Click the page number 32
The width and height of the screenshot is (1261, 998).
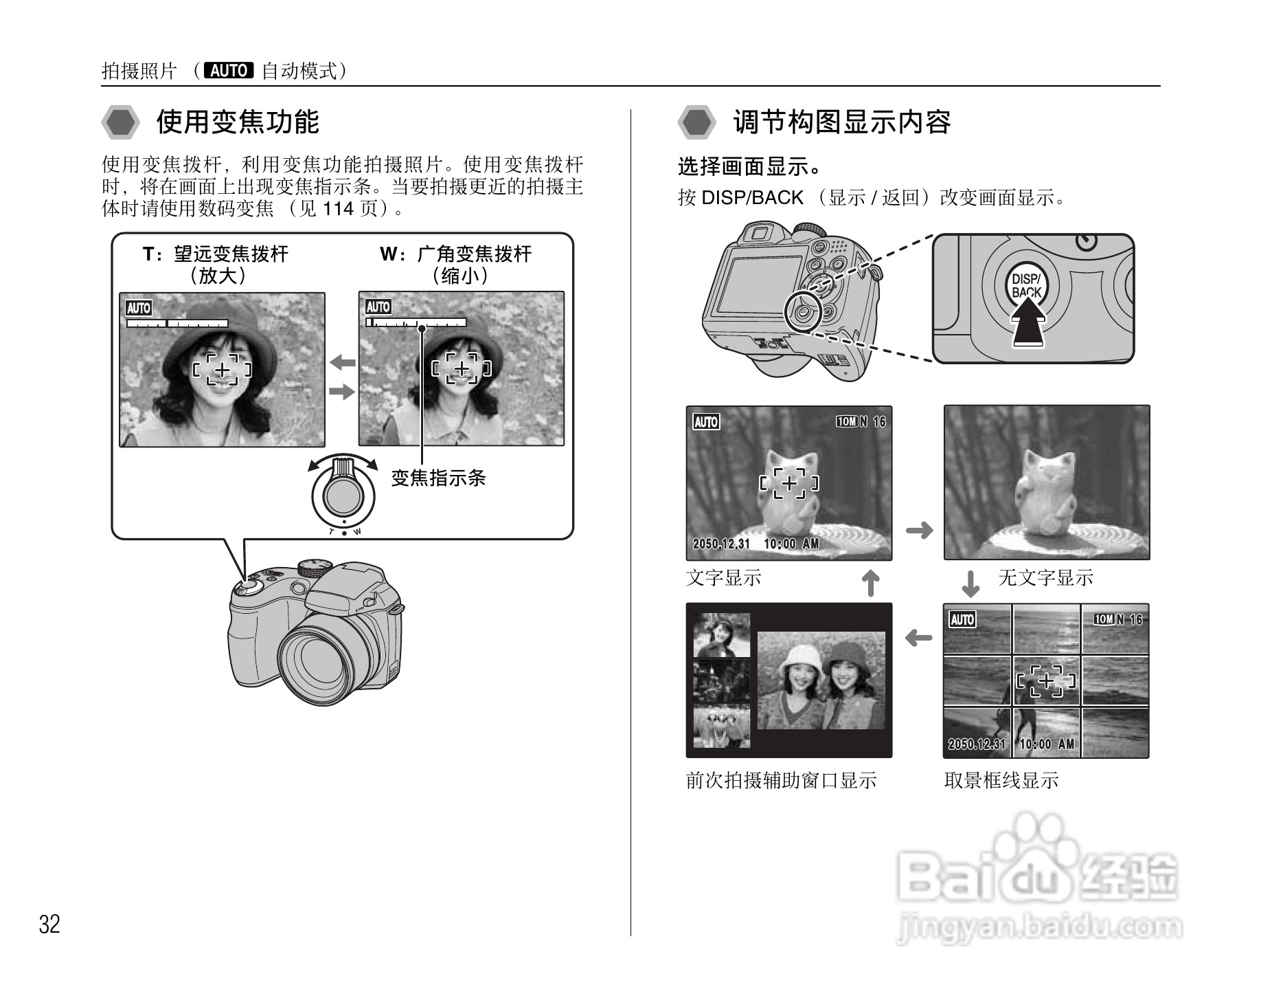pos(49,924)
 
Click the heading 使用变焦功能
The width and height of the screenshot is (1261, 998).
pos(238,122)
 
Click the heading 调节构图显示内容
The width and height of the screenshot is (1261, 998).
pos(841,122)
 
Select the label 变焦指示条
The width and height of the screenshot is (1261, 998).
pos(438,478)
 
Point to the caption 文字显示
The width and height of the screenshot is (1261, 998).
pos(724,578)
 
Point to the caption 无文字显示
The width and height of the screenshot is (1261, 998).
pos(1045,578)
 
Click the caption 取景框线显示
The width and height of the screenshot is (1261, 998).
pos(1001,781)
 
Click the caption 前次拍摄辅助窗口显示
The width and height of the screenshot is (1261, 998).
pos(781,781)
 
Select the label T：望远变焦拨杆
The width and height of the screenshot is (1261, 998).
pos(216,254)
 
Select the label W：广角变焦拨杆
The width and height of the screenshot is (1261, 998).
pos(456,254)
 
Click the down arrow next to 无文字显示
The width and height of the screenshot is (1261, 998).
pos(970,584)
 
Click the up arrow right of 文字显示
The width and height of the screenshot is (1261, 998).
pos(870,583)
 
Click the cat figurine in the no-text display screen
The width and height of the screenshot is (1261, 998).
pos(1044,493)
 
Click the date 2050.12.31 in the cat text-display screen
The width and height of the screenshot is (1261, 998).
pos(721,544)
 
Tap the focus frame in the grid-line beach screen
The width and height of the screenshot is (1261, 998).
pos(1045,681)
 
